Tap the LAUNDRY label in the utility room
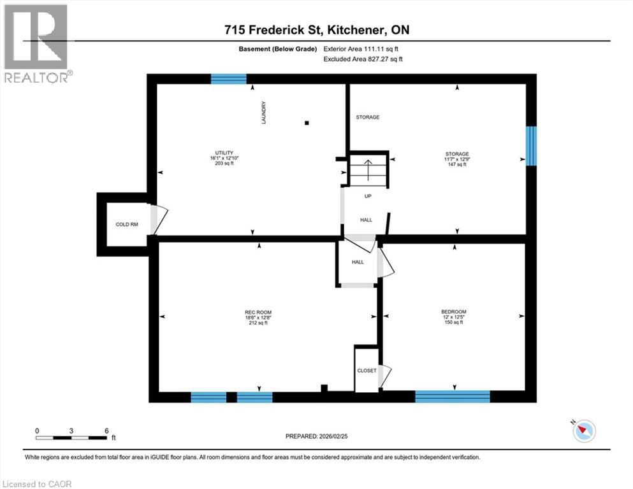pos(263,113)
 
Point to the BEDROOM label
pos(453,312)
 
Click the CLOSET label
pos(366,371)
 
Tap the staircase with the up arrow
pos(368,170)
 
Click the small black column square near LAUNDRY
pos(307,123)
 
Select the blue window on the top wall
pos(229,79)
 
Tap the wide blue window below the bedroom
pos(453,396)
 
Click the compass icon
pos(583,430)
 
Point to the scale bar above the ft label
pos(71,437)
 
